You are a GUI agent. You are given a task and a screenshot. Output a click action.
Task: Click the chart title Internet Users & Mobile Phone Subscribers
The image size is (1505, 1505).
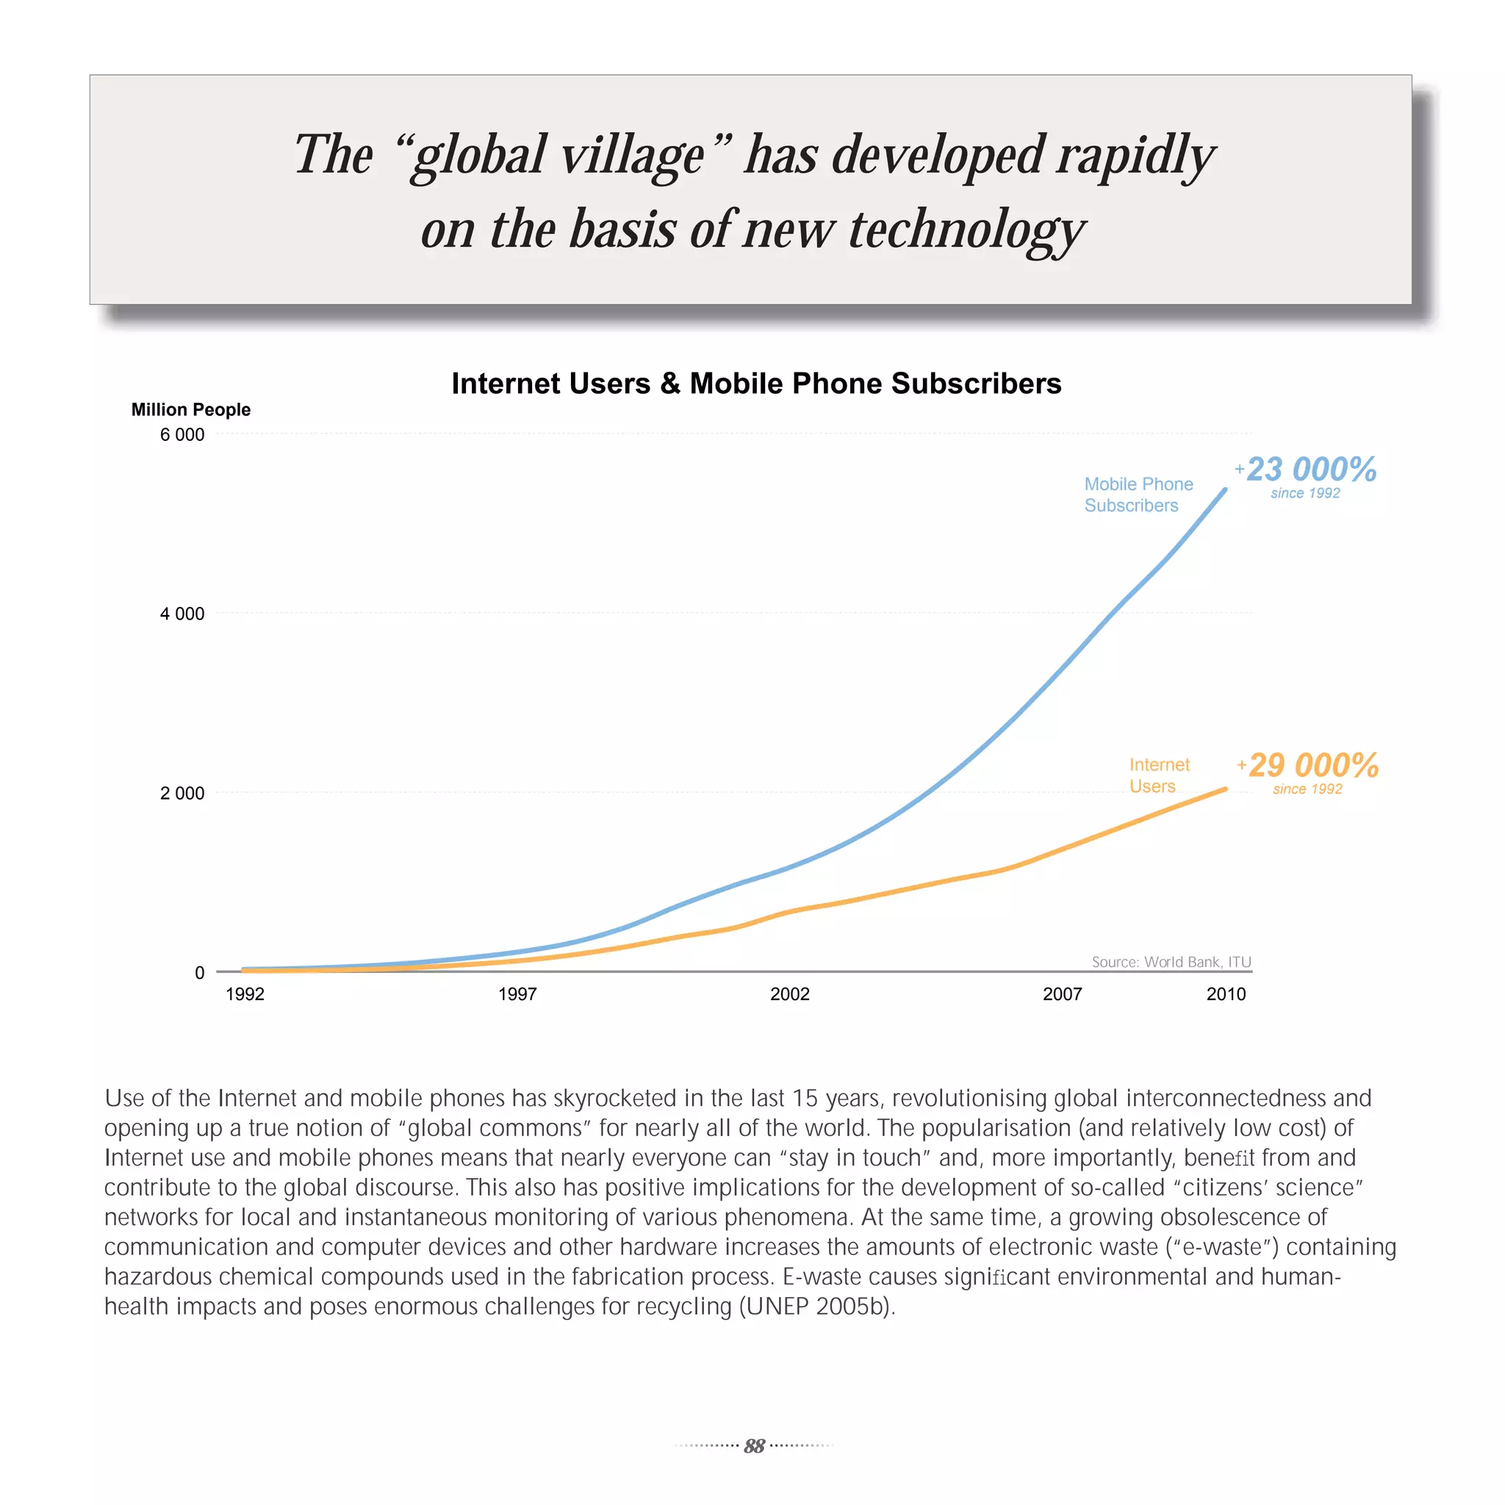[755, 384]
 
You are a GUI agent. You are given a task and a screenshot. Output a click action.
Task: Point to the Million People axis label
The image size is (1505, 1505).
[191, 410]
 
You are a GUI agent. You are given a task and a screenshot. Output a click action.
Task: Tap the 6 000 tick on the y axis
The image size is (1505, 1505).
[182, 435]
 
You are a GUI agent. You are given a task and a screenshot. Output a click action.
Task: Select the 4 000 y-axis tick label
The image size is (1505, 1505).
[182, 614]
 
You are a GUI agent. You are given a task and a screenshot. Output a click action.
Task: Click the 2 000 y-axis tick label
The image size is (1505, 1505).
[182, 793]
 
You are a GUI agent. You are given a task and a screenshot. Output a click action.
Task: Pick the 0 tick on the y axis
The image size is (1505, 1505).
[199, 972]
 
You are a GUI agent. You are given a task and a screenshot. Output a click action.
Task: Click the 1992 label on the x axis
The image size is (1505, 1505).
[245, 994]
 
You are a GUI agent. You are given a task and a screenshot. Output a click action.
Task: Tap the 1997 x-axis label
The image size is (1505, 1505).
[517, 994]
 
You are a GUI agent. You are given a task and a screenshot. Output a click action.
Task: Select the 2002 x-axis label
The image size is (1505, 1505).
[790, 994]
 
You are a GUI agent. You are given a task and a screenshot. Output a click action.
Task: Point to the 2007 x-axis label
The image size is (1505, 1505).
[1063, 994]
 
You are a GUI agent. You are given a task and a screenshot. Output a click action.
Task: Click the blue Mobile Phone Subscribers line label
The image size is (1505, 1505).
[1138, 495]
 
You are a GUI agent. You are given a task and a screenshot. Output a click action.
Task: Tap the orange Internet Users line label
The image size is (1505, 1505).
[1159, 775]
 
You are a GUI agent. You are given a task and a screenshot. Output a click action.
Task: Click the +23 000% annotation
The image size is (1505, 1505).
[1307, 470]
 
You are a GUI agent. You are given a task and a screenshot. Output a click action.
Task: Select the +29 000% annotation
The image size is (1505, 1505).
[1310, 766]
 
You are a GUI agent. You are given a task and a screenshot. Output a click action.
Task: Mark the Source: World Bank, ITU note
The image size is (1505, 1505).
[1171, 962]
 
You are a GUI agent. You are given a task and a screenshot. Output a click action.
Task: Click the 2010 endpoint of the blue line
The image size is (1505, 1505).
[1225, 490]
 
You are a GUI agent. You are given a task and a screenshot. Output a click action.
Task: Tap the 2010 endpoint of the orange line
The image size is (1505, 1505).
[1225, 789]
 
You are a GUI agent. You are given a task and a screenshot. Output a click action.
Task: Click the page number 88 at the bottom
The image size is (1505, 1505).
[753, 1445]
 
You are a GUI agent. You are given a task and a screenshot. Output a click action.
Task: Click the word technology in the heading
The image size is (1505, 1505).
[966, 231]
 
